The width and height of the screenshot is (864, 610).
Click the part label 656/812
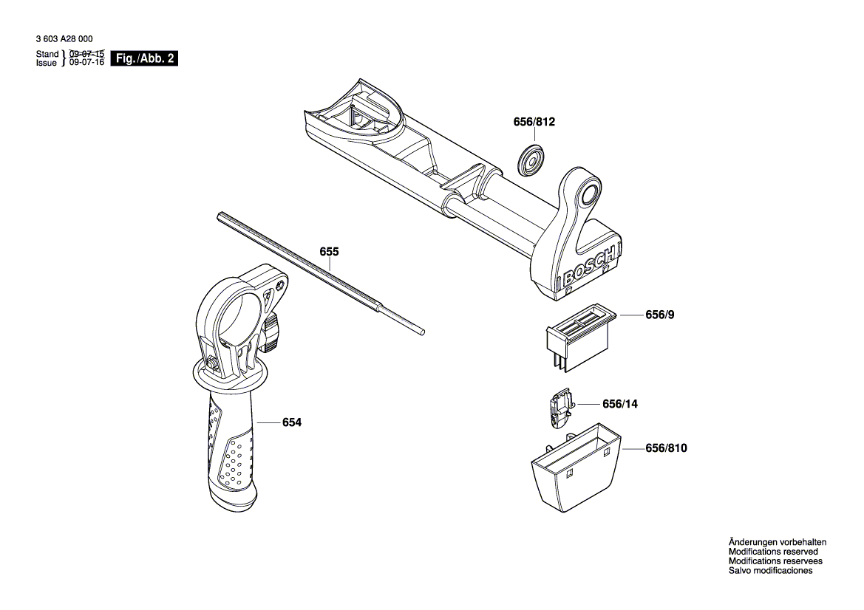(x=534, y=123)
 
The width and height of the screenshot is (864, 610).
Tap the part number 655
(x=329, y=252)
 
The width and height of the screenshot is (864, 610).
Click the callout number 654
(x=292, y=422)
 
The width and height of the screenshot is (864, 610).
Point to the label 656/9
(x=659, y=315)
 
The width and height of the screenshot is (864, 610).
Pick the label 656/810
(x=666, y=448)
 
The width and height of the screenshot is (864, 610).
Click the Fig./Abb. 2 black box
(x=143, y=58)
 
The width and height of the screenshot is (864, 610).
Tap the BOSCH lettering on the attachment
(x=589, y=267)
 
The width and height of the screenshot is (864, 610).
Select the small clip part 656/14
(x=559, y=409)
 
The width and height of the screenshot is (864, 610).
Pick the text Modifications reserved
(x=773, y=552)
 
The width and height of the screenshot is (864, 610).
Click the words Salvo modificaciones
(x=770, y=571)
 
